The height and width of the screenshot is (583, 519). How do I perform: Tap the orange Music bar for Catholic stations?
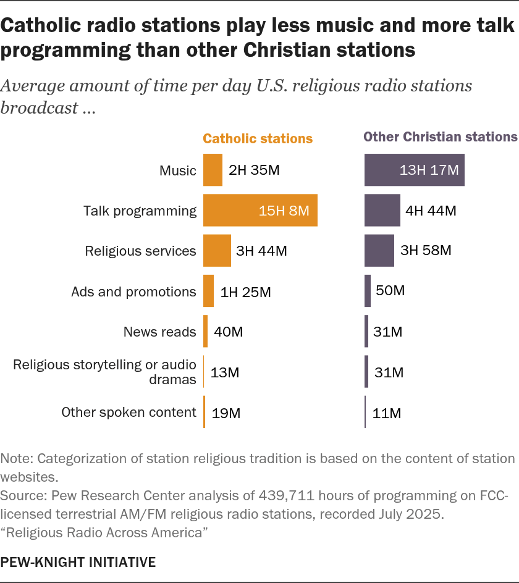click(x=213, y=170)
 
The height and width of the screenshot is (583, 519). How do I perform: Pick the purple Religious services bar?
click(x=379, y=251)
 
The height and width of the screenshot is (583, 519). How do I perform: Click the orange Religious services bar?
click(x=217, y=251)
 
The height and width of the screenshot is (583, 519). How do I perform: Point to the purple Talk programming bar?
click(x=382, y=211)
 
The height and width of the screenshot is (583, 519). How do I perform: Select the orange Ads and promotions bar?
click(x=208, y=291)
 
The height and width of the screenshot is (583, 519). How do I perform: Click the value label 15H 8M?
click(x=284, y=211)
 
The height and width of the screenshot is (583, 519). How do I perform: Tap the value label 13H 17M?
click(x=429, y=171)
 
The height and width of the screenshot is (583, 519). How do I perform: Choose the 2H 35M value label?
click(x=255, y=171)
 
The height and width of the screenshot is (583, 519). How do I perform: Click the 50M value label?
click(x=390, y=291)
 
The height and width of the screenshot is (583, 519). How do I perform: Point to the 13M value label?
click(x=225, y=372)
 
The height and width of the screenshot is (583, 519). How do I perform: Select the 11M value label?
click(x=387, y=413)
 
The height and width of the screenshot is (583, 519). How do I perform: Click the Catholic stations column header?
click(x=258, y=138)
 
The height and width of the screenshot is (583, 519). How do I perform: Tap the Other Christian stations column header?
click(x=441, y=137)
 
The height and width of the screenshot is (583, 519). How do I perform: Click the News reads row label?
click(x=160, y=332)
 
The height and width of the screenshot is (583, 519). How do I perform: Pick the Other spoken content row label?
click(x=129, y=413)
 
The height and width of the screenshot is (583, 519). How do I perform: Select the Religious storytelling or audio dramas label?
click(x=105, y=372)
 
